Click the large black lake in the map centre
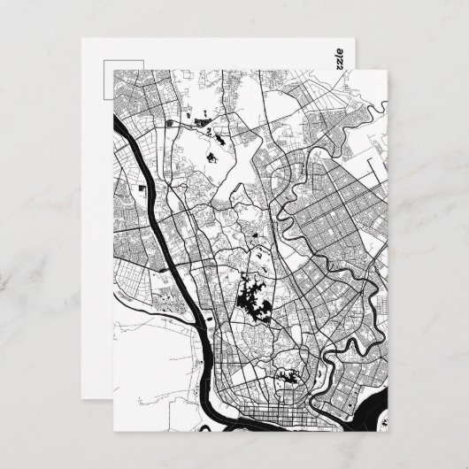(x=253, y=304)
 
